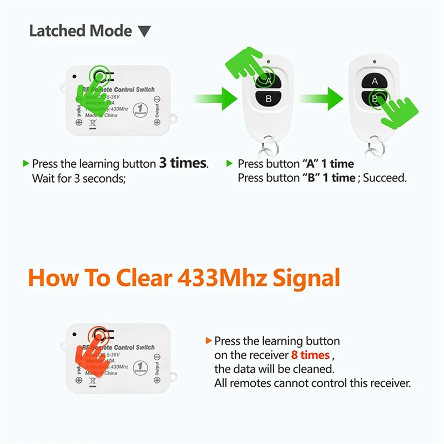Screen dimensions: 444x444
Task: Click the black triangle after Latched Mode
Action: pyautogui.click(x=144, y=32)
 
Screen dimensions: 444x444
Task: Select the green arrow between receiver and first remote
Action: pyautogui.click(x=214, y=98)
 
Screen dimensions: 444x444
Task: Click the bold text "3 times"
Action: pyautogui.click(x=183, y=163)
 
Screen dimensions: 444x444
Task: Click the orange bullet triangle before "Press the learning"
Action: pyautogui.click(x=209, y=341)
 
